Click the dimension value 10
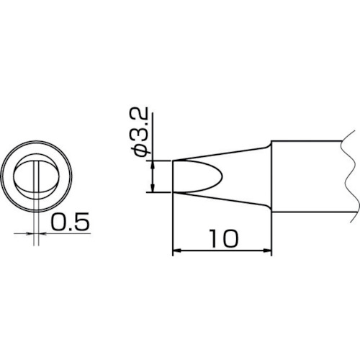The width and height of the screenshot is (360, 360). click(x=224, y=238)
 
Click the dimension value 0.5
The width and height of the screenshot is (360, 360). click(x=70, y=222)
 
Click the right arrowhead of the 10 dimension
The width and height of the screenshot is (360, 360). click(x=267, y=251)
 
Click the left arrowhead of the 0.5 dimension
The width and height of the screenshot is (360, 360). click(x=30, y=233)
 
